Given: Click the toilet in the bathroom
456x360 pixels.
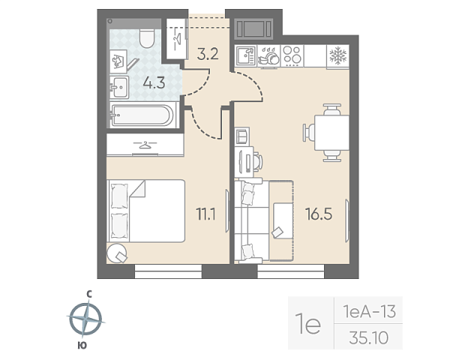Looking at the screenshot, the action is click(146, 38).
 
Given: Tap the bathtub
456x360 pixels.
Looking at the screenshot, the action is click(142, 115).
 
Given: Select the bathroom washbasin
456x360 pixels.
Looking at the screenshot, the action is click(119, 87).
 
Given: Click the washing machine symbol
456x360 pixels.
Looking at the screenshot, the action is click(118, 61).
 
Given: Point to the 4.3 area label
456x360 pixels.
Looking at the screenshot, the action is click(154, 83).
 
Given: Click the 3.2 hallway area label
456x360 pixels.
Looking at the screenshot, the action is click(208, 54).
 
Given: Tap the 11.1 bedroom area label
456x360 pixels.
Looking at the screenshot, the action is click(206, 214).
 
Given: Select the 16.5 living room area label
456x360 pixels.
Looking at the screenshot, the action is click(319, 214).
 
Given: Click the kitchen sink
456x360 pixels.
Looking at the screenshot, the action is click(245, 55).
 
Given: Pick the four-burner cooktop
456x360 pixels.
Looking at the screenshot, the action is click(292, 55).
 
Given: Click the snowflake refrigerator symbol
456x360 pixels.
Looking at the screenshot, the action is click(338, 55).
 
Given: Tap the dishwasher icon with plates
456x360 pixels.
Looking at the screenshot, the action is click(268, 56).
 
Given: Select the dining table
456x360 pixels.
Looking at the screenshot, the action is click(331, 133).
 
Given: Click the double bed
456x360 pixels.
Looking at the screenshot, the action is click(146, 211).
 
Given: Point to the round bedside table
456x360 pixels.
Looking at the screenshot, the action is click(117, 253).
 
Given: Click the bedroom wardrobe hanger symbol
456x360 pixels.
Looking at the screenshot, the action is click(145, 145).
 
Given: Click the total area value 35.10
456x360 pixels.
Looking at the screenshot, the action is click(369, 338).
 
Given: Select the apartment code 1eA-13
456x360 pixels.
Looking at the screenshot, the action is click(369, 312).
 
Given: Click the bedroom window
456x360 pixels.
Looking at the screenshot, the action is click(168, 271).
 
